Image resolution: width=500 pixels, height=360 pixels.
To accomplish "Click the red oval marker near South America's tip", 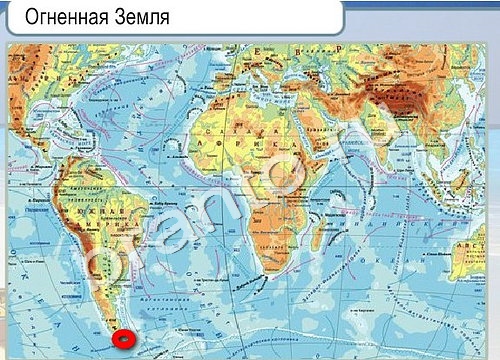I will click(x=124, y=339).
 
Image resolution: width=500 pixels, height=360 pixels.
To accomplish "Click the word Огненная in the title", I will click(x=63, y=18).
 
